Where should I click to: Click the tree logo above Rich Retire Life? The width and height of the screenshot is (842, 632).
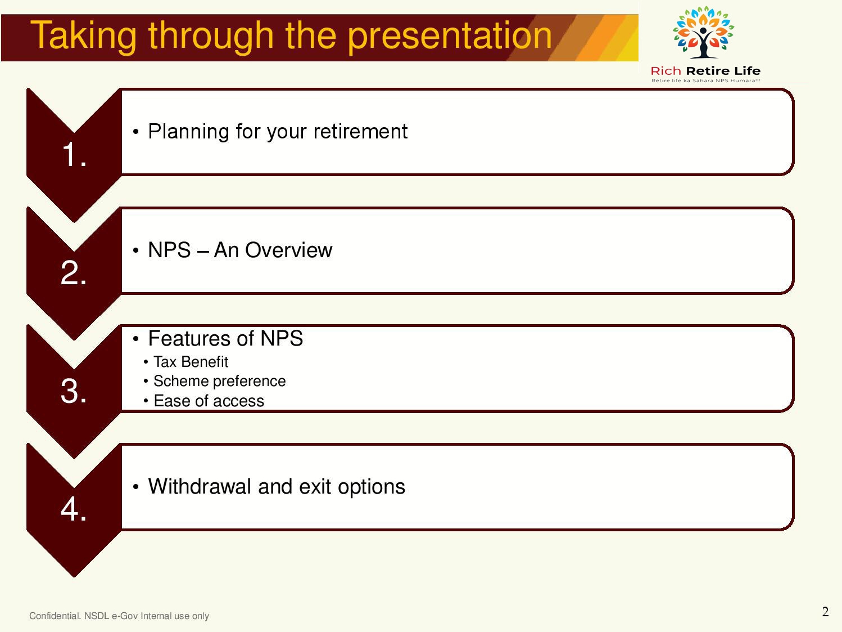(x=703, y=32)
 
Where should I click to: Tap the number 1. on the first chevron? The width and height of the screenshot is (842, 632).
(x=74, y=154)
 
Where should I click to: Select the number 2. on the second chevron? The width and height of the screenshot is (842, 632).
(x=73, y=272)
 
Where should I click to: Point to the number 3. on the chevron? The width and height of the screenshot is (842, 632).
(x=73, y=391)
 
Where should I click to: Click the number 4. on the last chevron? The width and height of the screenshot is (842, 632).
(x=73, y=509)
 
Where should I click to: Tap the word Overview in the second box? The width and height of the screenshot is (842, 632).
(x=288, y=250)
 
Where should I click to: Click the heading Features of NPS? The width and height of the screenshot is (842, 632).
(x=225, y=338)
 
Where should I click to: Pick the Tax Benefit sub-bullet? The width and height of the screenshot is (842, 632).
(x=191, y=362)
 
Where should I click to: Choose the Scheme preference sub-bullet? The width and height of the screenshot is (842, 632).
(x=219, y=381)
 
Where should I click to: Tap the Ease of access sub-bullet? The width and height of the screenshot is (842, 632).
(x=209, y=401)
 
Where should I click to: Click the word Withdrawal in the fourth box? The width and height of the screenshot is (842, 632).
(x=200, y=486)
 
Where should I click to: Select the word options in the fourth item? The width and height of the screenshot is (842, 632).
(x=371, y=487)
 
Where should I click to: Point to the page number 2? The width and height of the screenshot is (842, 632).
(x=826, y=611)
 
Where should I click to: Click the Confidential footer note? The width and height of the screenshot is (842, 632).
(x=119, y=616)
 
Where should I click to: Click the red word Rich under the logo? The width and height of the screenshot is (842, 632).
(x=666, y=71)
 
